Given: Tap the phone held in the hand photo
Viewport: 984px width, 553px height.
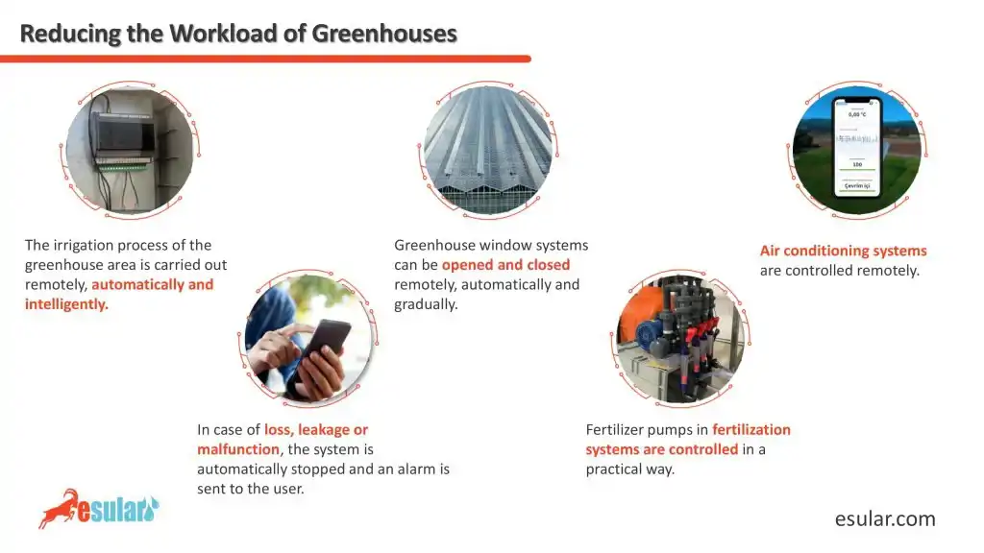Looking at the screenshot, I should (327, 347).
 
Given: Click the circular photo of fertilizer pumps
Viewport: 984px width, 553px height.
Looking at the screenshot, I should (678, 337).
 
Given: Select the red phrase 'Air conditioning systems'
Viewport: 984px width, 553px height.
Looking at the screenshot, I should (843, 251).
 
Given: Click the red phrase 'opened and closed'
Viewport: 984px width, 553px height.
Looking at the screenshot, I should (505, 265).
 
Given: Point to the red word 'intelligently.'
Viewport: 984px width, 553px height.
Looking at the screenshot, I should (66, 304).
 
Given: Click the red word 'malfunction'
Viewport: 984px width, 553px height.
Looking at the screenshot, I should (238, 449).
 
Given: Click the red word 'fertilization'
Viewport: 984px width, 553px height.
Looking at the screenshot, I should (751, 429).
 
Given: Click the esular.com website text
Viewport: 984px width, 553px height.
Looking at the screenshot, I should (884, 519).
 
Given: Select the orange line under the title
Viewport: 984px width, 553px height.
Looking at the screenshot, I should (265, 59).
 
